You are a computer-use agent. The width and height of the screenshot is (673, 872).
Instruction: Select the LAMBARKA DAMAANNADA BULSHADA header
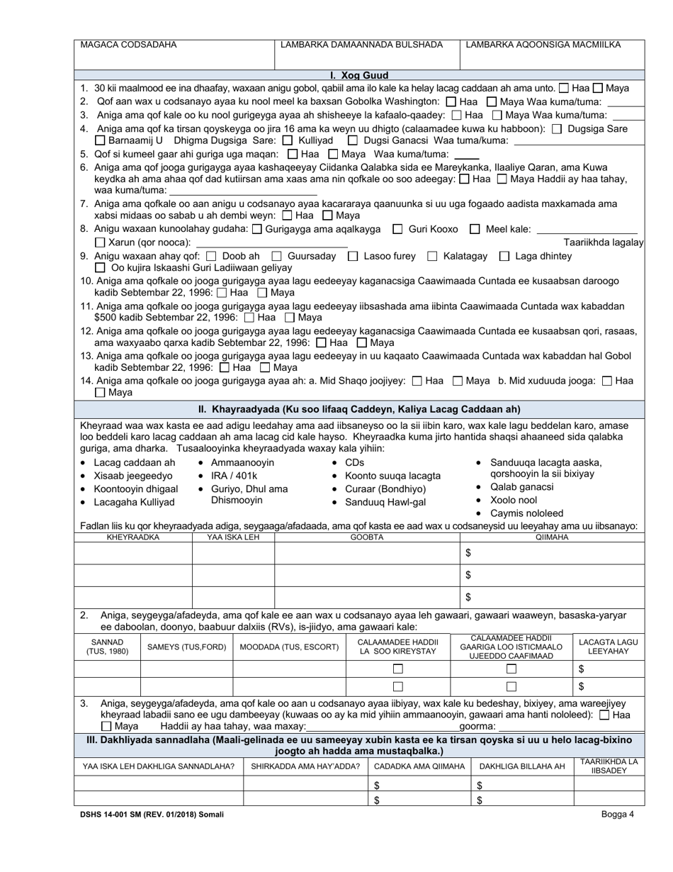(x=361, y=45)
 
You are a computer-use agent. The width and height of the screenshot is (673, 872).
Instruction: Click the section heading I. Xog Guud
(x=359, y=75)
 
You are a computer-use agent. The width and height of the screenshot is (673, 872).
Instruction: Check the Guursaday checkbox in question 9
(x=277, y=256)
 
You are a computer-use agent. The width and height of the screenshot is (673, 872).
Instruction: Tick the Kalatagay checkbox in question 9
(x=429, y=256)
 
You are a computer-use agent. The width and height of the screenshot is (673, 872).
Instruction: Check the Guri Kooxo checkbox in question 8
(x=397, y=229)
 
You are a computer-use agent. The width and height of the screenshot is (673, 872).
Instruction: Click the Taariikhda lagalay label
(x=603, y=242)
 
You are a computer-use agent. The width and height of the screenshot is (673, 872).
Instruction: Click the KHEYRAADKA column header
(x=133, y=537)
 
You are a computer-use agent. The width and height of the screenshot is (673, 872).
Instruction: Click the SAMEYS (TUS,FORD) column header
(x=186, y=647)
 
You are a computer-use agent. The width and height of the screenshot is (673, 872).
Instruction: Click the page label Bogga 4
(x=618, y=815)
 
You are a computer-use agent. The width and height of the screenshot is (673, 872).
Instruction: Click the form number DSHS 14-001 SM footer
(x=149, y=815)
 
